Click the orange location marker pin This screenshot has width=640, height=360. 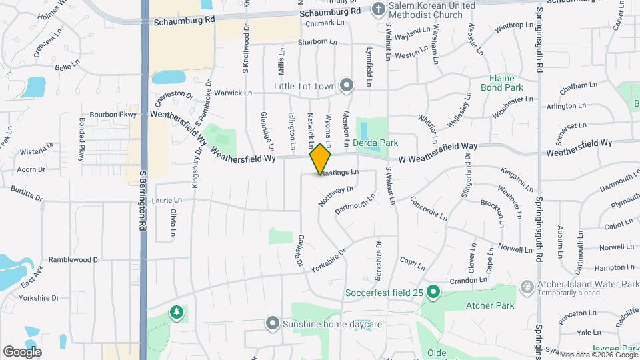coord(320,158)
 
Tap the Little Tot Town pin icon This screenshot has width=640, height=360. coord(346,85)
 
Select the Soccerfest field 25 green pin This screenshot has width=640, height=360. coord(433,291)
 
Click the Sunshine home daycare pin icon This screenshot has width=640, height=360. coord(272,324)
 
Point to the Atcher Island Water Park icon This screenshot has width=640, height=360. coord(527,285)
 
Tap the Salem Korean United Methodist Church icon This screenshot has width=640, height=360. coord(378,9)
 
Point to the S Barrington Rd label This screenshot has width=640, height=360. coord(143,200)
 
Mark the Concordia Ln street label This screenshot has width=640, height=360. coord(428,208)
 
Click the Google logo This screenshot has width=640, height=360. coord(22,351)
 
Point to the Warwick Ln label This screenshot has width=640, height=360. coord(237,93)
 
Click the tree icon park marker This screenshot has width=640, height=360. coord(176,312)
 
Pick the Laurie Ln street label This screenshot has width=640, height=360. coord(167,200)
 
